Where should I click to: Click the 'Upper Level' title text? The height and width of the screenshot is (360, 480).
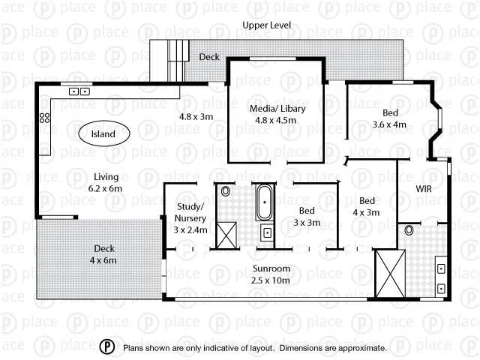coord(267,25)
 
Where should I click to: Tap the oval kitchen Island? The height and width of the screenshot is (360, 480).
coord(103,134)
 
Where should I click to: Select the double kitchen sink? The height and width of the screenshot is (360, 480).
coord(79,91)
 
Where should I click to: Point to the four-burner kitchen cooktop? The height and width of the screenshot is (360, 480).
coord(45,118)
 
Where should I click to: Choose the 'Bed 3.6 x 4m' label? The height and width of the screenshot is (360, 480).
coord(389,119)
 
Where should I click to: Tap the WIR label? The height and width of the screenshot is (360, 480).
coord(424,189)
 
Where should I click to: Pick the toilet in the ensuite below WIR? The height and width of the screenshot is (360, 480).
coord(409,230)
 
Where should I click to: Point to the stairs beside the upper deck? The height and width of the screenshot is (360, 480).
coord(177,54)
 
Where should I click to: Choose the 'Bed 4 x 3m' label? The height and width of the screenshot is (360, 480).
coord(367,207)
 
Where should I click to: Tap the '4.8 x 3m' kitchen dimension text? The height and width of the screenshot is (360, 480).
coord(196,116)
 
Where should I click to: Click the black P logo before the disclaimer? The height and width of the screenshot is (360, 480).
coord(108,347)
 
